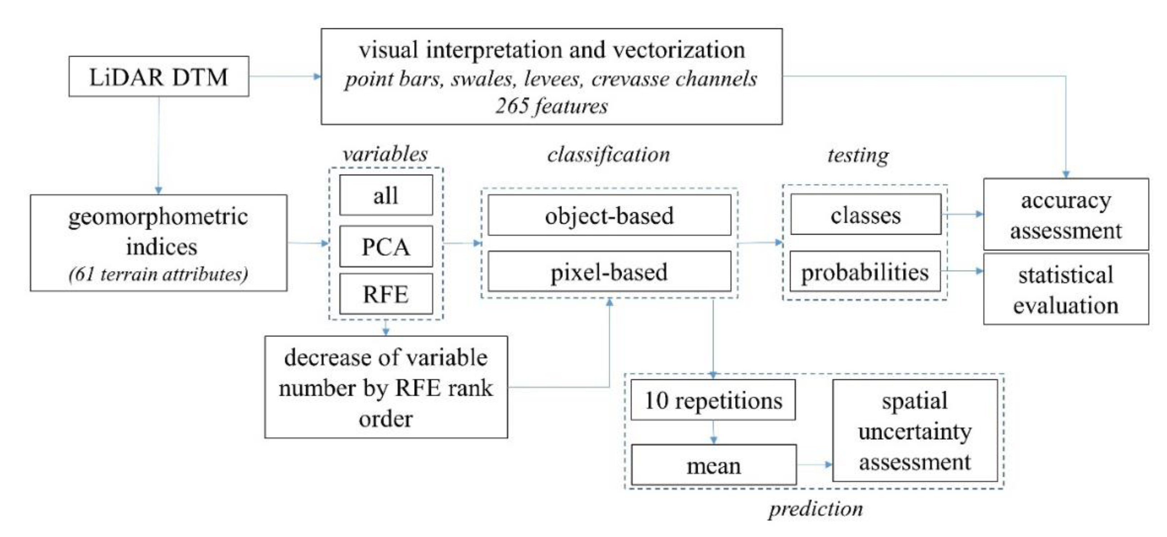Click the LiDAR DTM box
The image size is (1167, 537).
159,76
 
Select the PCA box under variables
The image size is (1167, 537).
386,247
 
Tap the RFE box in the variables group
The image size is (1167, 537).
386,294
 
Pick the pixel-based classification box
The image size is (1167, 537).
609,272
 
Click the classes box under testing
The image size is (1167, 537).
865,215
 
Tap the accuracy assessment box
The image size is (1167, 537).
1066,215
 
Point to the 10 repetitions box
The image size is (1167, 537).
713,400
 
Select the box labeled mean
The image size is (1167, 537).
713,465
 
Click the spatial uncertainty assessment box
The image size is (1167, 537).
915,431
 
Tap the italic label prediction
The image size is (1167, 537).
816,508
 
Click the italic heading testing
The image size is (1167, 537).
858,155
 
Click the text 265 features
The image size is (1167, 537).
551,106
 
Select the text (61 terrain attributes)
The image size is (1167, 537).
158,274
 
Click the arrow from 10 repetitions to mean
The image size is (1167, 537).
713,432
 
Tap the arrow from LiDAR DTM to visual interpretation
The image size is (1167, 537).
285,76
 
